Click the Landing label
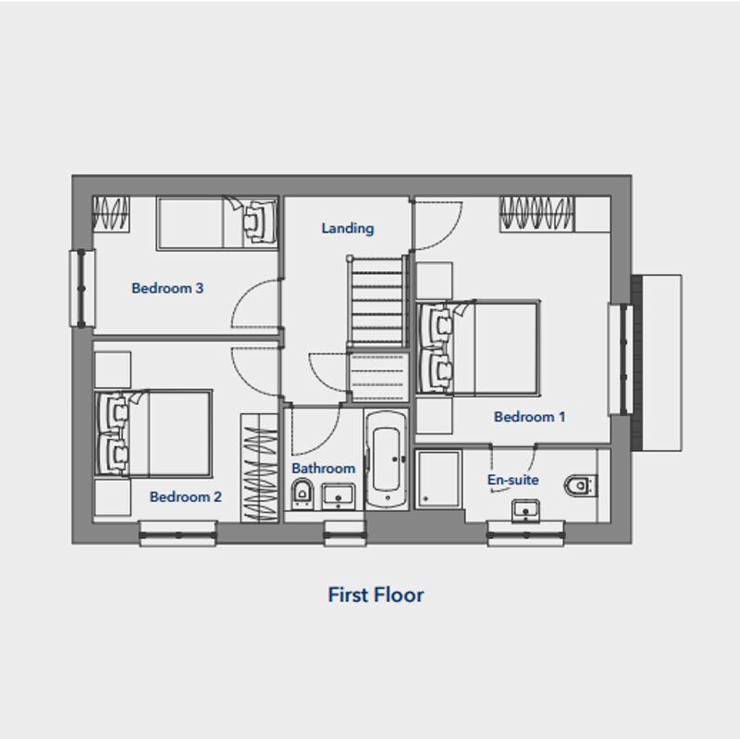(348, 228)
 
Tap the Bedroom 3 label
(167, 288)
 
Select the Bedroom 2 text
(186, 496)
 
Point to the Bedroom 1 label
(529, 417)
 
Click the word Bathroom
(323, 469)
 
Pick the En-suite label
(513, 480)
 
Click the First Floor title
(376, 595)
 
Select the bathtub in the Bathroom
(387, 459)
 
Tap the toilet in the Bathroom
(302, 493)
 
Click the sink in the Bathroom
(339, 496)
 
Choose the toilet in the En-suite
(581, 485)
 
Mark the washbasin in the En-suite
(525, 511)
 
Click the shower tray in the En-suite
(438, 479)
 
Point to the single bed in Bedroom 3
(217, 223)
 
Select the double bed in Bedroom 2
(154, 432)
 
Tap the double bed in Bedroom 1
(478, 347)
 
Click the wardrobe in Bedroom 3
(111, 214)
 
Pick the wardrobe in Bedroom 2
(259, 468)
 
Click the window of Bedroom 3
(82, 288)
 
